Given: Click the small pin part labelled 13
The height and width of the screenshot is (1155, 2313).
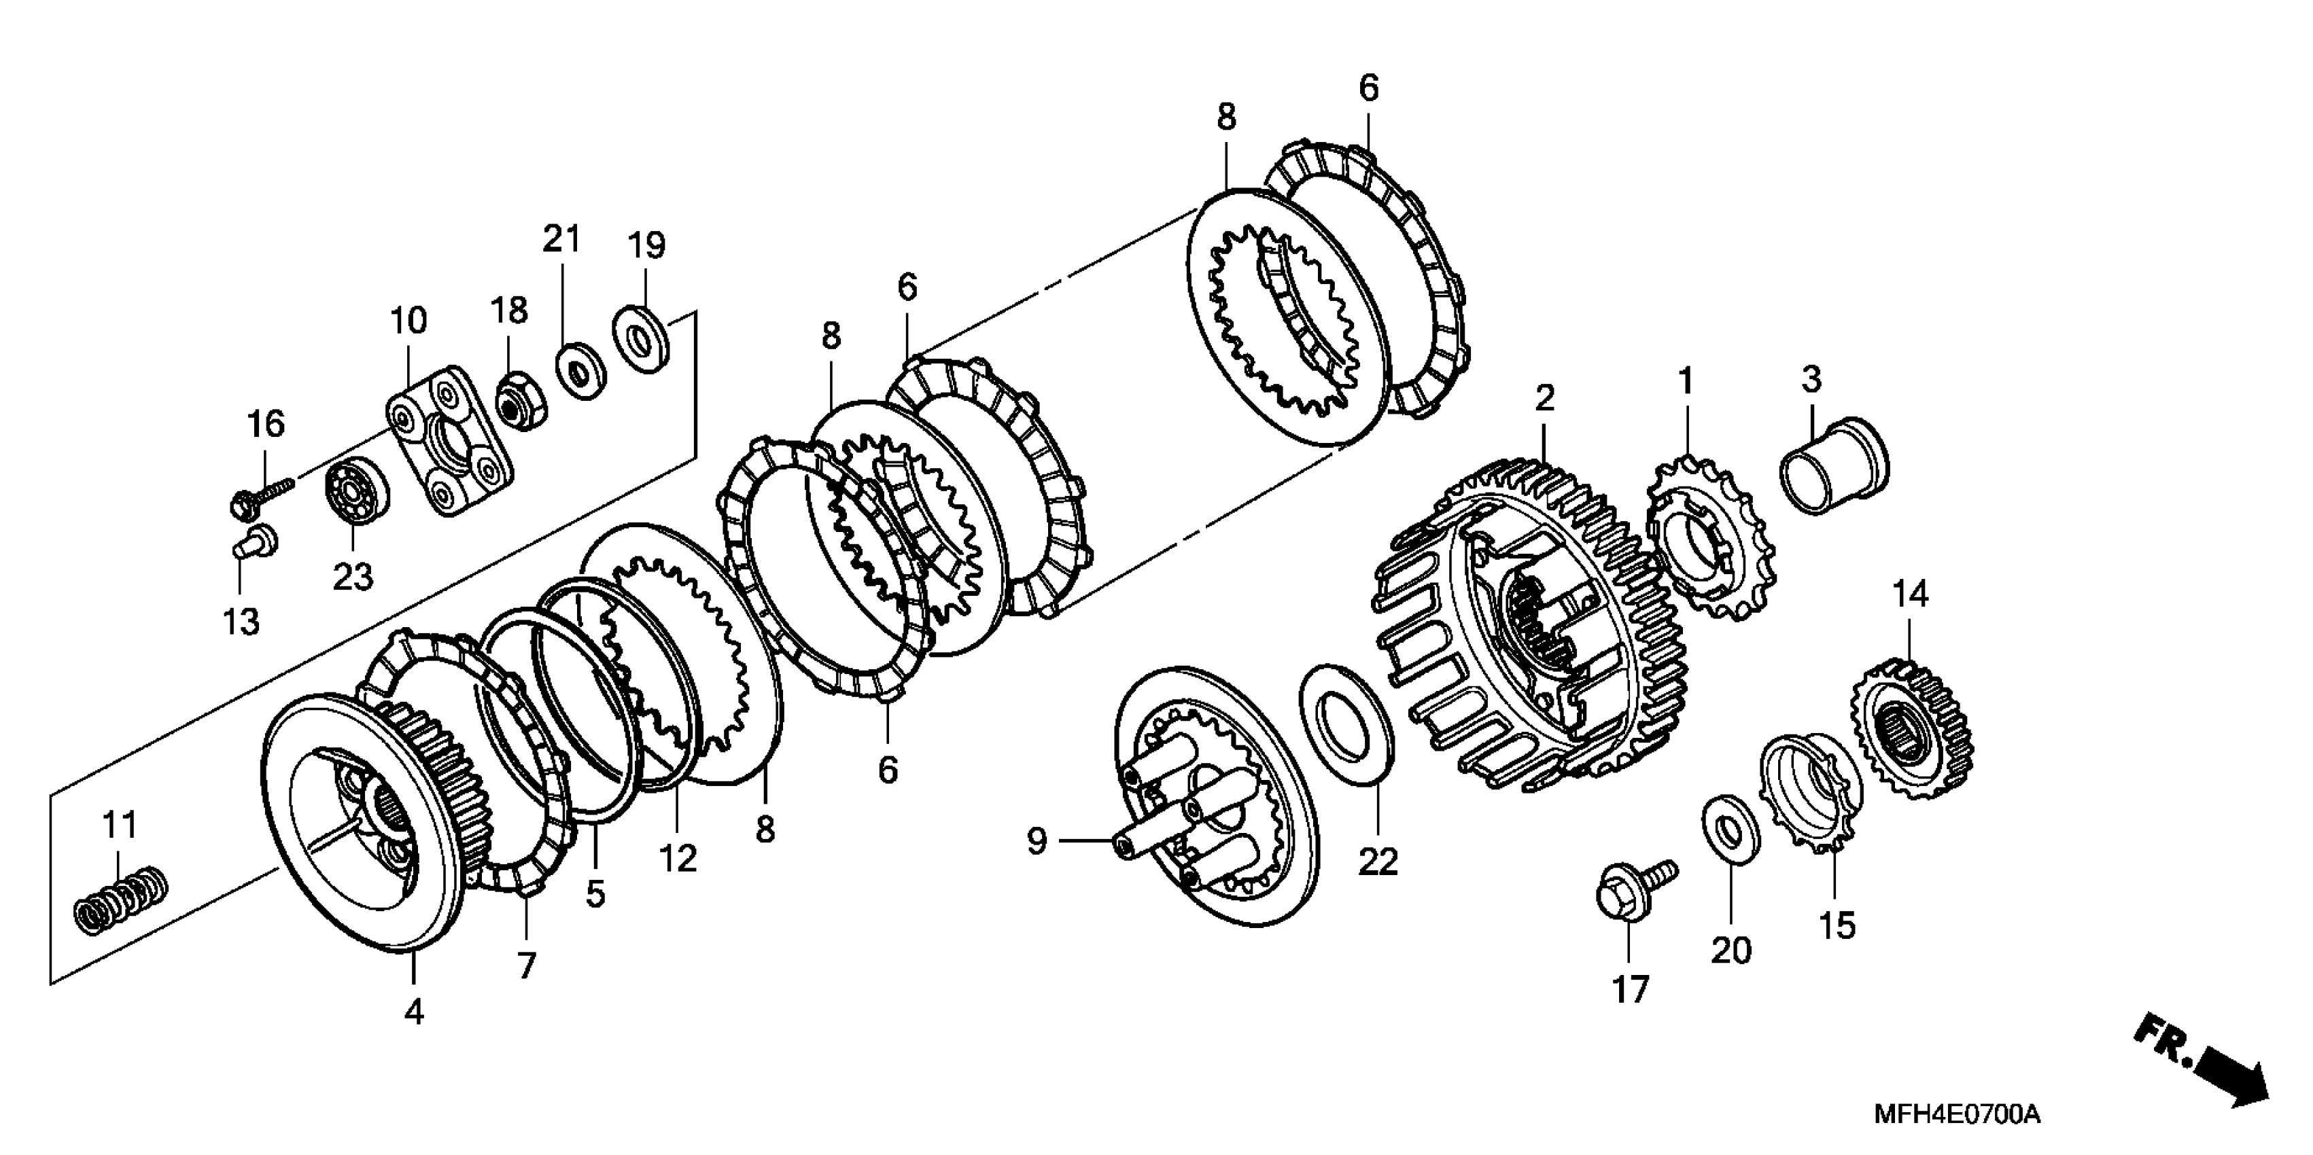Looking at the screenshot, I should pos(255,543).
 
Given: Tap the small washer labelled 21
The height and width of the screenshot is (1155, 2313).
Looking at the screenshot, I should pos(581,370).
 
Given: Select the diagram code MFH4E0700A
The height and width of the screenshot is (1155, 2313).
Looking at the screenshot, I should pos(1957,1116).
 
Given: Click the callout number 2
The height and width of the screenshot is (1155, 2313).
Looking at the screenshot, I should pos(1544,397).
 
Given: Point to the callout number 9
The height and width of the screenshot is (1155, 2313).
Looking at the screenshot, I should pos(1037,841).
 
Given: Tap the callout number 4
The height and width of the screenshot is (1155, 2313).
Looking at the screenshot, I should pos(413,1012).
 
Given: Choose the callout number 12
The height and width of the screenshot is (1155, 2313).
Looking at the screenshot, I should pos(678,859).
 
